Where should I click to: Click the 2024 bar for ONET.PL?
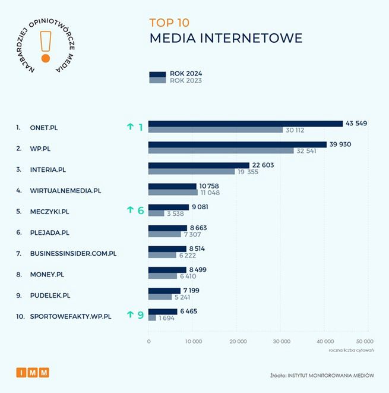(245, 124)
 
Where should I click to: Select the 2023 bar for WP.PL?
(221, 151)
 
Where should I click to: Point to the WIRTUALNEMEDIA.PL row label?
(65, 190)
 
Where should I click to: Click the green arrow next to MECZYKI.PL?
(130, 210)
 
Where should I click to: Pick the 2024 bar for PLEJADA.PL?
(167, 228)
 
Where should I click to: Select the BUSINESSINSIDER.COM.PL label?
(73, 253)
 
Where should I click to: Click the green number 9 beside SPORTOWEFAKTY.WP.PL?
(141, 315)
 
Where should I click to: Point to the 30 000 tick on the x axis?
(281, 341)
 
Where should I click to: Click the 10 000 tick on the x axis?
(192, 341)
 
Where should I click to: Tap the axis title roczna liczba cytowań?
(351, 350)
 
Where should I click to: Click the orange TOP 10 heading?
(170, 23)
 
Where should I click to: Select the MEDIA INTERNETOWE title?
(226, 38)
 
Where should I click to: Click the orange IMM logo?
(33, 373)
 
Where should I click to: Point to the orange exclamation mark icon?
(45, 46)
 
